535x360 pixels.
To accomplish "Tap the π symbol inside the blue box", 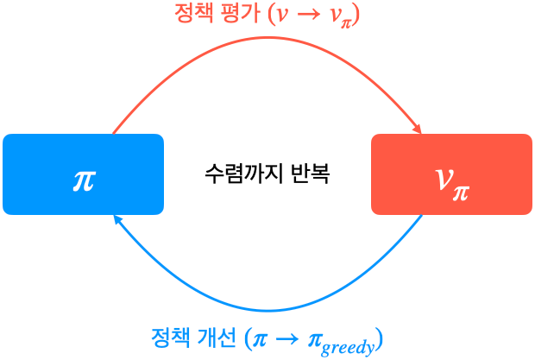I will coord(83,180).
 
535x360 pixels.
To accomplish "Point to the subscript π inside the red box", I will coord(462,190).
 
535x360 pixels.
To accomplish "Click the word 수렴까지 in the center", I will coord(235,174).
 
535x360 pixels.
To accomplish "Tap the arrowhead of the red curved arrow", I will coord(418,129).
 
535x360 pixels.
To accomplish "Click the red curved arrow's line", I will coord(267,32).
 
